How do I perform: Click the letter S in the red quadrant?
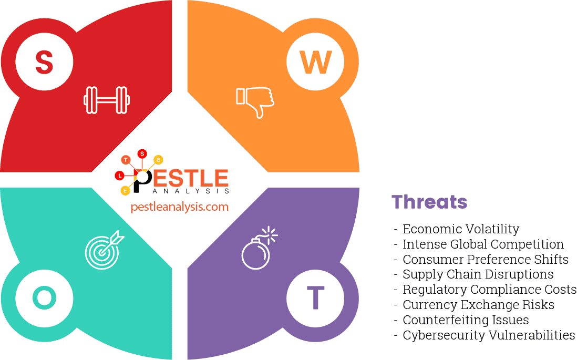[44, 62]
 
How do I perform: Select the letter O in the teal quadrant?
[44, 298]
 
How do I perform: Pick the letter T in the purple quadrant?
[315, 298]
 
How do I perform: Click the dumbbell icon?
[107, 100]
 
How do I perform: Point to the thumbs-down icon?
[255, 101]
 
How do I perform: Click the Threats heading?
[429, 202]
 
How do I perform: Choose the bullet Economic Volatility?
[460, 229]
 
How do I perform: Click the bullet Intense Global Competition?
[482, 244]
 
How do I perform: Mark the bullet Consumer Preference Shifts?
[485, 260]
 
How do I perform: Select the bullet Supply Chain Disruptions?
[478, 274]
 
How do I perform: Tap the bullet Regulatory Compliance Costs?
[489, 290]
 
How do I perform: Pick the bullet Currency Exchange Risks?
[478, 305]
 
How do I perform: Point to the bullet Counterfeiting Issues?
[466, 320]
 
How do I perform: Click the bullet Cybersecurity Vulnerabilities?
[488, 335]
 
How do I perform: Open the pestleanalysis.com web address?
[179, 207]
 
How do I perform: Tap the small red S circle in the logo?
[142, 153]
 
